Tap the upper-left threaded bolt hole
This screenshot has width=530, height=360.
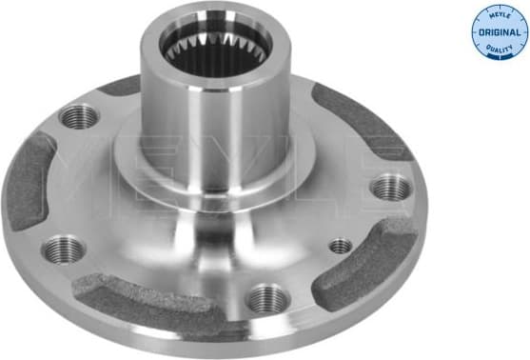click(80, 117)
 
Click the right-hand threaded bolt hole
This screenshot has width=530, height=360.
click(391, 187)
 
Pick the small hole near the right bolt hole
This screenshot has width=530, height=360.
click(340, 246)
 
